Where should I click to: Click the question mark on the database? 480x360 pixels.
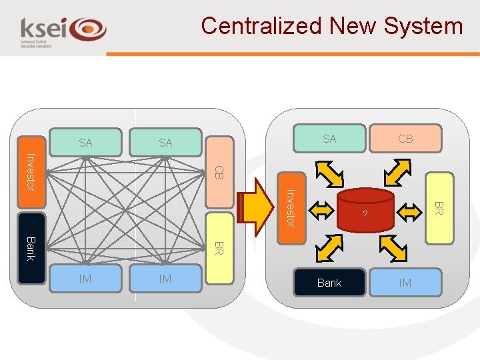(365, 215)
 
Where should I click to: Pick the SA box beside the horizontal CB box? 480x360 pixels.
(329, 139)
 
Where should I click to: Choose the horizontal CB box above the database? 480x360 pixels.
(405, 139)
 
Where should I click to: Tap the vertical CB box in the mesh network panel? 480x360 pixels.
(219, 171)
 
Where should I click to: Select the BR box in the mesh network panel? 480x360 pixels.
(219, 247)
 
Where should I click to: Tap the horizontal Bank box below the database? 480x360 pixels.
(329, 283)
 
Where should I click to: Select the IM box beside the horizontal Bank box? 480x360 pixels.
(405, 283)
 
